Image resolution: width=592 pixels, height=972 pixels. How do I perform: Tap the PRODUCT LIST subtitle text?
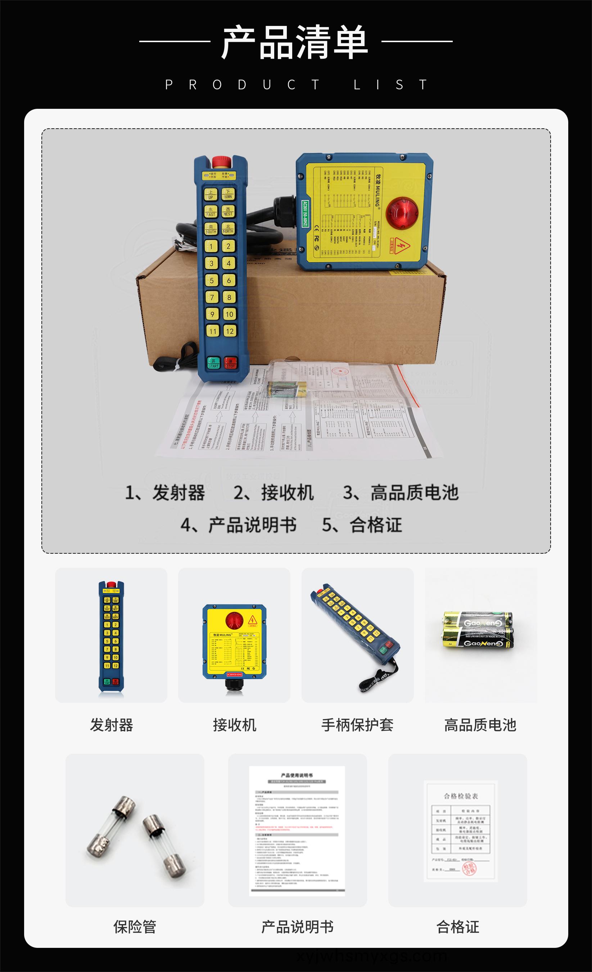[296, 85]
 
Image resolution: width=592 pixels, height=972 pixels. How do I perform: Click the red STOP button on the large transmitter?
[230, 362]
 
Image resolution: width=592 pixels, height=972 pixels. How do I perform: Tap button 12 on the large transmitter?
[230, 331]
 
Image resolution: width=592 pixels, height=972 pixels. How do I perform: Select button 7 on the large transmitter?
[212, 298]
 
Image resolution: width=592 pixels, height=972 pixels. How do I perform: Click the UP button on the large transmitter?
[211, 195]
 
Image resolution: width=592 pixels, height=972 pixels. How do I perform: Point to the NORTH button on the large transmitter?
[228, 229]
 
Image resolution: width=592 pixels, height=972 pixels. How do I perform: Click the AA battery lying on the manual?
[287, 389]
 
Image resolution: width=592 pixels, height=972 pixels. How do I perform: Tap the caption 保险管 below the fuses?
[135, 927]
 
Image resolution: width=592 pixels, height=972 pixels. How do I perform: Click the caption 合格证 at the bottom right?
[458, 927]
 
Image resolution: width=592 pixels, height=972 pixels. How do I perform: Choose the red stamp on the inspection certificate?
[469, 868]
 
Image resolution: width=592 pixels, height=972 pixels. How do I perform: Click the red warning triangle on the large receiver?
[402, 245]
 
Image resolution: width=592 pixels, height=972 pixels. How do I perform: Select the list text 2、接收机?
[274, 493]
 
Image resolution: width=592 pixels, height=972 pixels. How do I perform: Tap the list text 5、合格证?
[362, 525]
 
